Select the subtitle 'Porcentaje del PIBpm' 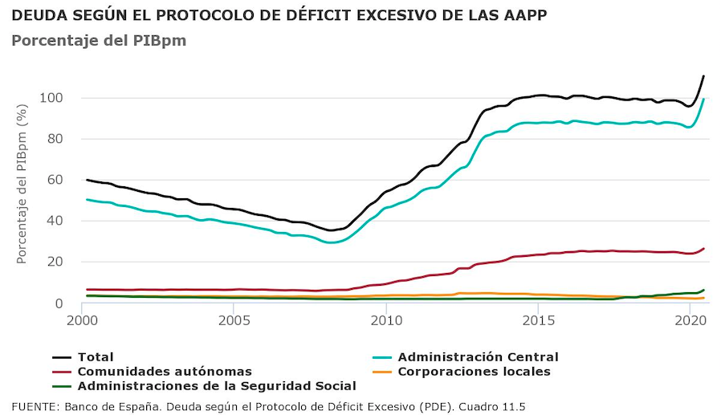99,40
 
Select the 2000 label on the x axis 83,319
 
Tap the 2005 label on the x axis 234,319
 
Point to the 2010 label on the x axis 386,319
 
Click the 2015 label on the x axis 538,319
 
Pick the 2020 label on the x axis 690,319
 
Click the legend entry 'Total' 95,357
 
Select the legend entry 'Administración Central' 478,357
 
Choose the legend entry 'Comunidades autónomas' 164,372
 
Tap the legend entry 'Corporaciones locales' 474,372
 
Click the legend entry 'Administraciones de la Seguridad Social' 216,386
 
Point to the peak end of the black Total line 703,76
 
